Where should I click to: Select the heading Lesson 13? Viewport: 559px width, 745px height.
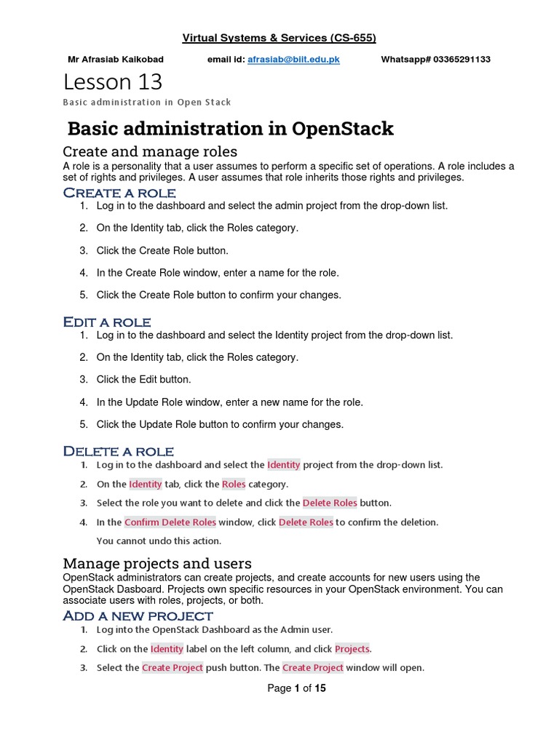[113, 81]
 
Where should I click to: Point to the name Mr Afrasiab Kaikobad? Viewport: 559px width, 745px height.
[115, 59]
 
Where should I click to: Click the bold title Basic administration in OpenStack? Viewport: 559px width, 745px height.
[230, 129]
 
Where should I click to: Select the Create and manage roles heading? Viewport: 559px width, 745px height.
[150, 151]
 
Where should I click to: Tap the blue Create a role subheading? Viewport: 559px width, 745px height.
[119, 193]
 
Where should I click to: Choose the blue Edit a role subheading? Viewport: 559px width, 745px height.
[107, 322]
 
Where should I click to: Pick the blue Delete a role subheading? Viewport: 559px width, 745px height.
[119, 451]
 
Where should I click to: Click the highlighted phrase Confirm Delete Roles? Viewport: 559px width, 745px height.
[170, 522]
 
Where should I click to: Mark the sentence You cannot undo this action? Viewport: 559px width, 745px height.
[159, 541]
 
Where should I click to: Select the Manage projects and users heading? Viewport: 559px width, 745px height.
[157, 563]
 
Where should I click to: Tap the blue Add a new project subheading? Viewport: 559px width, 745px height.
[138, 616]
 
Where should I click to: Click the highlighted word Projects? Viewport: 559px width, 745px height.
[352, 648]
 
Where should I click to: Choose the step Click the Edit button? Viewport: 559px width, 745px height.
[144, 379]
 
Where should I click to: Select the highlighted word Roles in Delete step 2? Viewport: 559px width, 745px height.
[234, 484]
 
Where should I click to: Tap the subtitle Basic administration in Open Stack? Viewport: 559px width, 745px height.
[147, 102]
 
